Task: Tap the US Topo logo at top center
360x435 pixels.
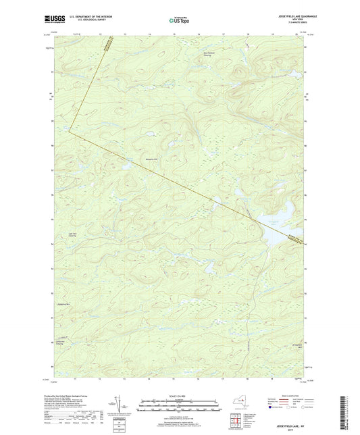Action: pyautogui.click(x=179, y=21)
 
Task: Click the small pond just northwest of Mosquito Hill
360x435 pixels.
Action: pyautogui.click(x=126, y=163)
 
